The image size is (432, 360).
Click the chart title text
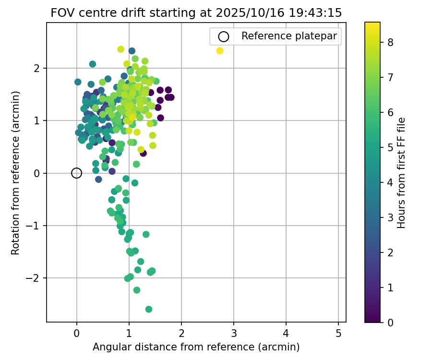click(196, 13)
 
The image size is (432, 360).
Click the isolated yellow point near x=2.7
click(220, 51)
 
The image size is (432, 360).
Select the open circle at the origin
click(77, 173)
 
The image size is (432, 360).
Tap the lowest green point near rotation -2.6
click(149, 309)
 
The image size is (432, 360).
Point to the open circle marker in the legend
click(223, 36)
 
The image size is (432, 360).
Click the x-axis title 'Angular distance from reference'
click(196, 347)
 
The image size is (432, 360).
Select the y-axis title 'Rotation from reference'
click(16, 173)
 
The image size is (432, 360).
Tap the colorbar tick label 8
click(391, 42)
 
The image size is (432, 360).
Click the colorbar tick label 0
click(391, 323)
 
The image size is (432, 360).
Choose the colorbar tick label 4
click(391, 182)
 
